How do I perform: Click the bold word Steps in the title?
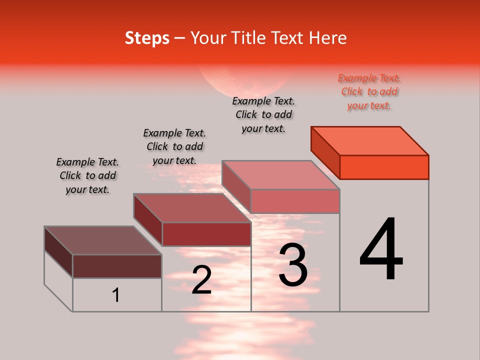pos(147,38)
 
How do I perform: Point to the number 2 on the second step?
pos(201,280)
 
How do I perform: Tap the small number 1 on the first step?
pos(116,295)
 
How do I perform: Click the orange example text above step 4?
pos(369,91)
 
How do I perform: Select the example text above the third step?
pos(263,114)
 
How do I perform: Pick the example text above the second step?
pos(174,146)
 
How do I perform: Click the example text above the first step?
pos(87,175)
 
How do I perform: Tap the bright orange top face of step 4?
pos(370,140)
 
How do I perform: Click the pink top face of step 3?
pos(281,175)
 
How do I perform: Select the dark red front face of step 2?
pos(206,234)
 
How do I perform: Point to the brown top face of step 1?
pos(102,240)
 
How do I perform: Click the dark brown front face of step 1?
pos(117,266)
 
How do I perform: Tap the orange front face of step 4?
pos(384,167)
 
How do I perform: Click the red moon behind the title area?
pos(245,80)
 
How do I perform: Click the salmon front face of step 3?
pos(295,201)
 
